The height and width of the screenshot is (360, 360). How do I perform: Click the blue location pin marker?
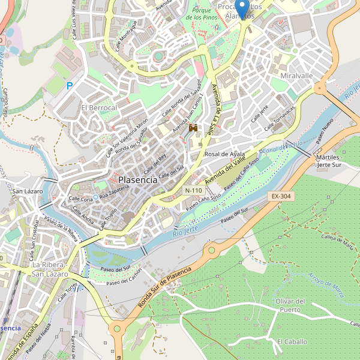[x=242, y=8]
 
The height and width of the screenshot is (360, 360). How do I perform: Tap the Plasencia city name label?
[x=138, y=179]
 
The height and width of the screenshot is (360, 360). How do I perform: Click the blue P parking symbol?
[x=70, y=86]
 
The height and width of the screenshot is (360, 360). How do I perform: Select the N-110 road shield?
[x=194, y=190]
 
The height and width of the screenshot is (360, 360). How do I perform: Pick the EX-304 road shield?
[x=280, y=196]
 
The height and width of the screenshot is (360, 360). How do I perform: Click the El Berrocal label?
[x=99, y=107]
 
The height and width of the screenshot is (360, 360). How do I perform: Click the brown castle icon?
[x=193, y=128]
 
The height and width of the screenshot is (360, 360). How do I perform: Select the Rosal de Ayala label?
[x=225, y=154]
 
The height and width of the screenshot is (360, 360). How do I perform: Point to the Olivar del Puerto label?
[x=291, y=305]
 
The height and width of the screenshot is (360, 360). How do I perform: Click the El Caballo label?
[x=292, y=341]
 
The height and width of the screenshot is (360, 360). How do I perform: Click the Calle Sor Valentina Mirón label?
[x=127, y=137]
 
